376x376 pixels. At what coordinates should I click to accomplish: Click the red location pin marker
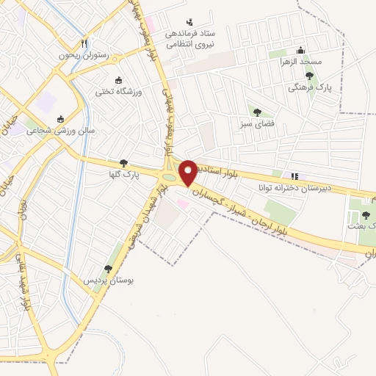(x=188, y=173)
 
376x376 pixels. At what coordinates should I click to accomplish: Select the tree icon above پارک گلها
(x=123, y=163)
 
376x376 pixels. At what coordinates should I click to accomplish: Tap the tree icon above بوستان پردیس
(x=109, y=270)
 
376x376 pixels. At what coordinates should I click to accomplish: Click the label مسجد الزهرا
(x=304, y=62)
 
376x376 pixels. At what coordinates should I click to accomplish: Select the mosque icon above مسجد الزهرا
(x=300, y=50)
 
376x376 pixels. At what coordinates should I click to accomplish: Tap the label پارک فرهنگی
(x=312, y=87)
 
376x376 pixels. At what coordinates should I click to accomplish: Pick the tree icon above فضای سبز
(x=257, y=112)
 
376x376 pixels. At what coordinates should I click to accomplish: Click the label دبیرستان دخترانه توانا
(x=289, y=187)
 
